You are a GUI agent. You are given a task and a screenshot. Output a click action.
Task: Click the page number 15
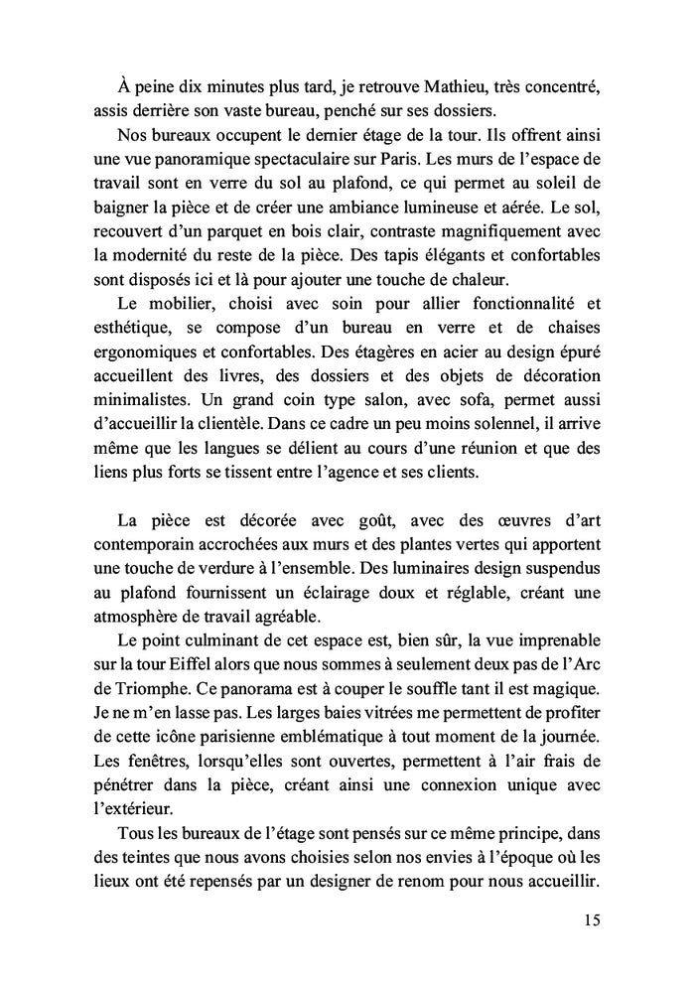(x=591, y=920)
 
